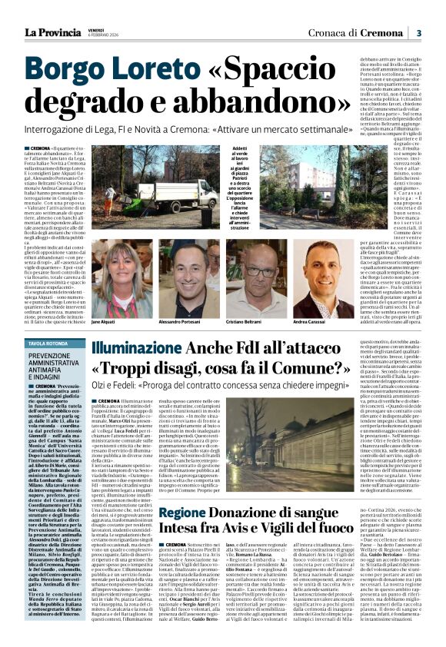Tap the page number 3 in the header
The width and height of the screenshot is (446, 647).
pyautogui.click(x=418, y=33)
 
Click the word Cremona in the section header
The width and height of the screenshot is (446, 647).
pyautogui.click(x=383, y=33)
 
